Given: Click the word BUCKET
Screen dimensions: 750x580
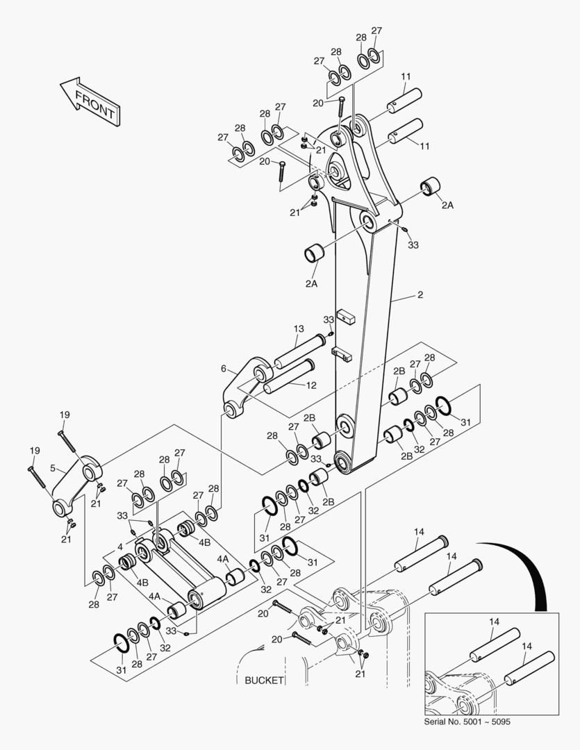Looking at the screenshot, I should tap(264, 680).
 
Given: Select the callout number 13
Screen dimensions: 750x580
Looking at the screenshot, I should tap(298, 328).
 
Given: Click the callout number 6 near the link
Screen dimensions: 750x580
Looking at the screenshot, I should tap(224, 368).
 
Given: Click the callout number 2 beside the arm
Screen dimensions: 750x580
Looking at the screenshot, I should tap(420, 295).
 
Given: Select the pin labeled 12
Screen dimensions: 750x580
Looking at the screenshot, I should tap(288, 375).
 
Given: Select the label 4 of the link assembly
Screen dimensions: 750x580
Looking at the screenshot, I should tap(120, 547).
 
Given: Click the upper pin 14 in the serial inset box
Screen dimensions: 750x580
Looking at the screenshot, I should tap(495, 645).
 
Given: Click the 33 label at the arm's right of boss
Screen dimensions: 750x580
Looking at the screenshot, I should tap(413, 244).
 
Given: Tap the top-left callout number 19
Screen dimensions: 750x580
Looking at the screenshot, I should tap(64, 415).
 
